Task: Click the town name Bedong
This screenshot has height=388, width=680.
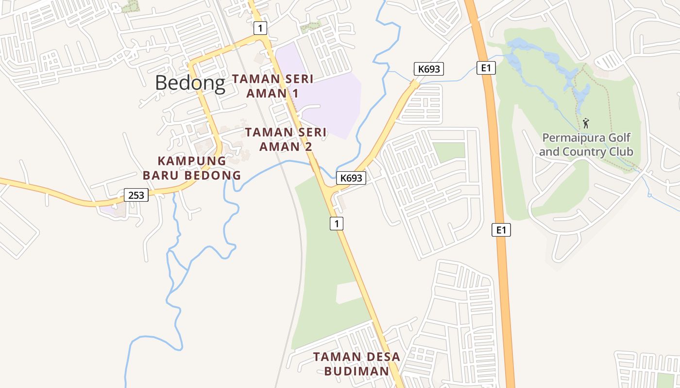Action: pyautogui.click(x=190, y=83)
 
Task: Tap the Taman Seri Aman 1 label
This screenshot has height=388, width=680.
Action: pyautogui.click(x=272, y=86)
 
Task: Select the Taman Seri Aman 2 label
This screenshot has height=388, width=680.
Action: pyautogui.click(x=286, y=139)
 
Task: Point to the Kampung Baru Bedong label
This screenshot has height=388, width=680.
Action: pyautogui.click(x=192, y=168)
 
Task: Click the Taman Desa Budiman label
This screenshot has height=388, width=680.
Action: pyautogui.click(x=357, y=364)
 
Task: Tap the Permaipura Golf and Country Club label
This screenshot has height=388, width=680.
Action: pyautogui.click(x=586, y=145)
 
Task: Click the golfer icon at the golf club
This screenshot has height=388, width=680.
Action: pyautogui.click(x=586, y=123)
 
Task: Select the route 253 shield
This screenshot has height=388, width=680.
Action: pyautogui.click(x=136, y=195)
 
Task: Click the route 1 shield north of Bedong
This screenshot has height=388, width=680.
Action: pyautogui.click(x=260, y=28)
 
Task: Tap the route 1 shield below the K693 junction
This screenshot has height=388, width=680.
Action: pyautogui.click(x=337, y=224)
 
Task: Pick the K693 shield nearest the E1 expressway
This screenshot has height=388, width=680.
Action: pyautogui.click(x=429, y=69)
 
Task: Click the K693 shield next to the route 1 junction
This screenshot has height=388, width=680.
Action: pyautogui.click(x=351, y=178)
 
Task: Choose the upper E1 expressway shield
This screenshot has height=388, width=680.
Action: pyautogui.click(x=486, y=68)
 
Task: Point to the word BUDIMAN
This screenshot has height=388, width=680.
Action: pyautogui.click(x=357, y=371)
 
